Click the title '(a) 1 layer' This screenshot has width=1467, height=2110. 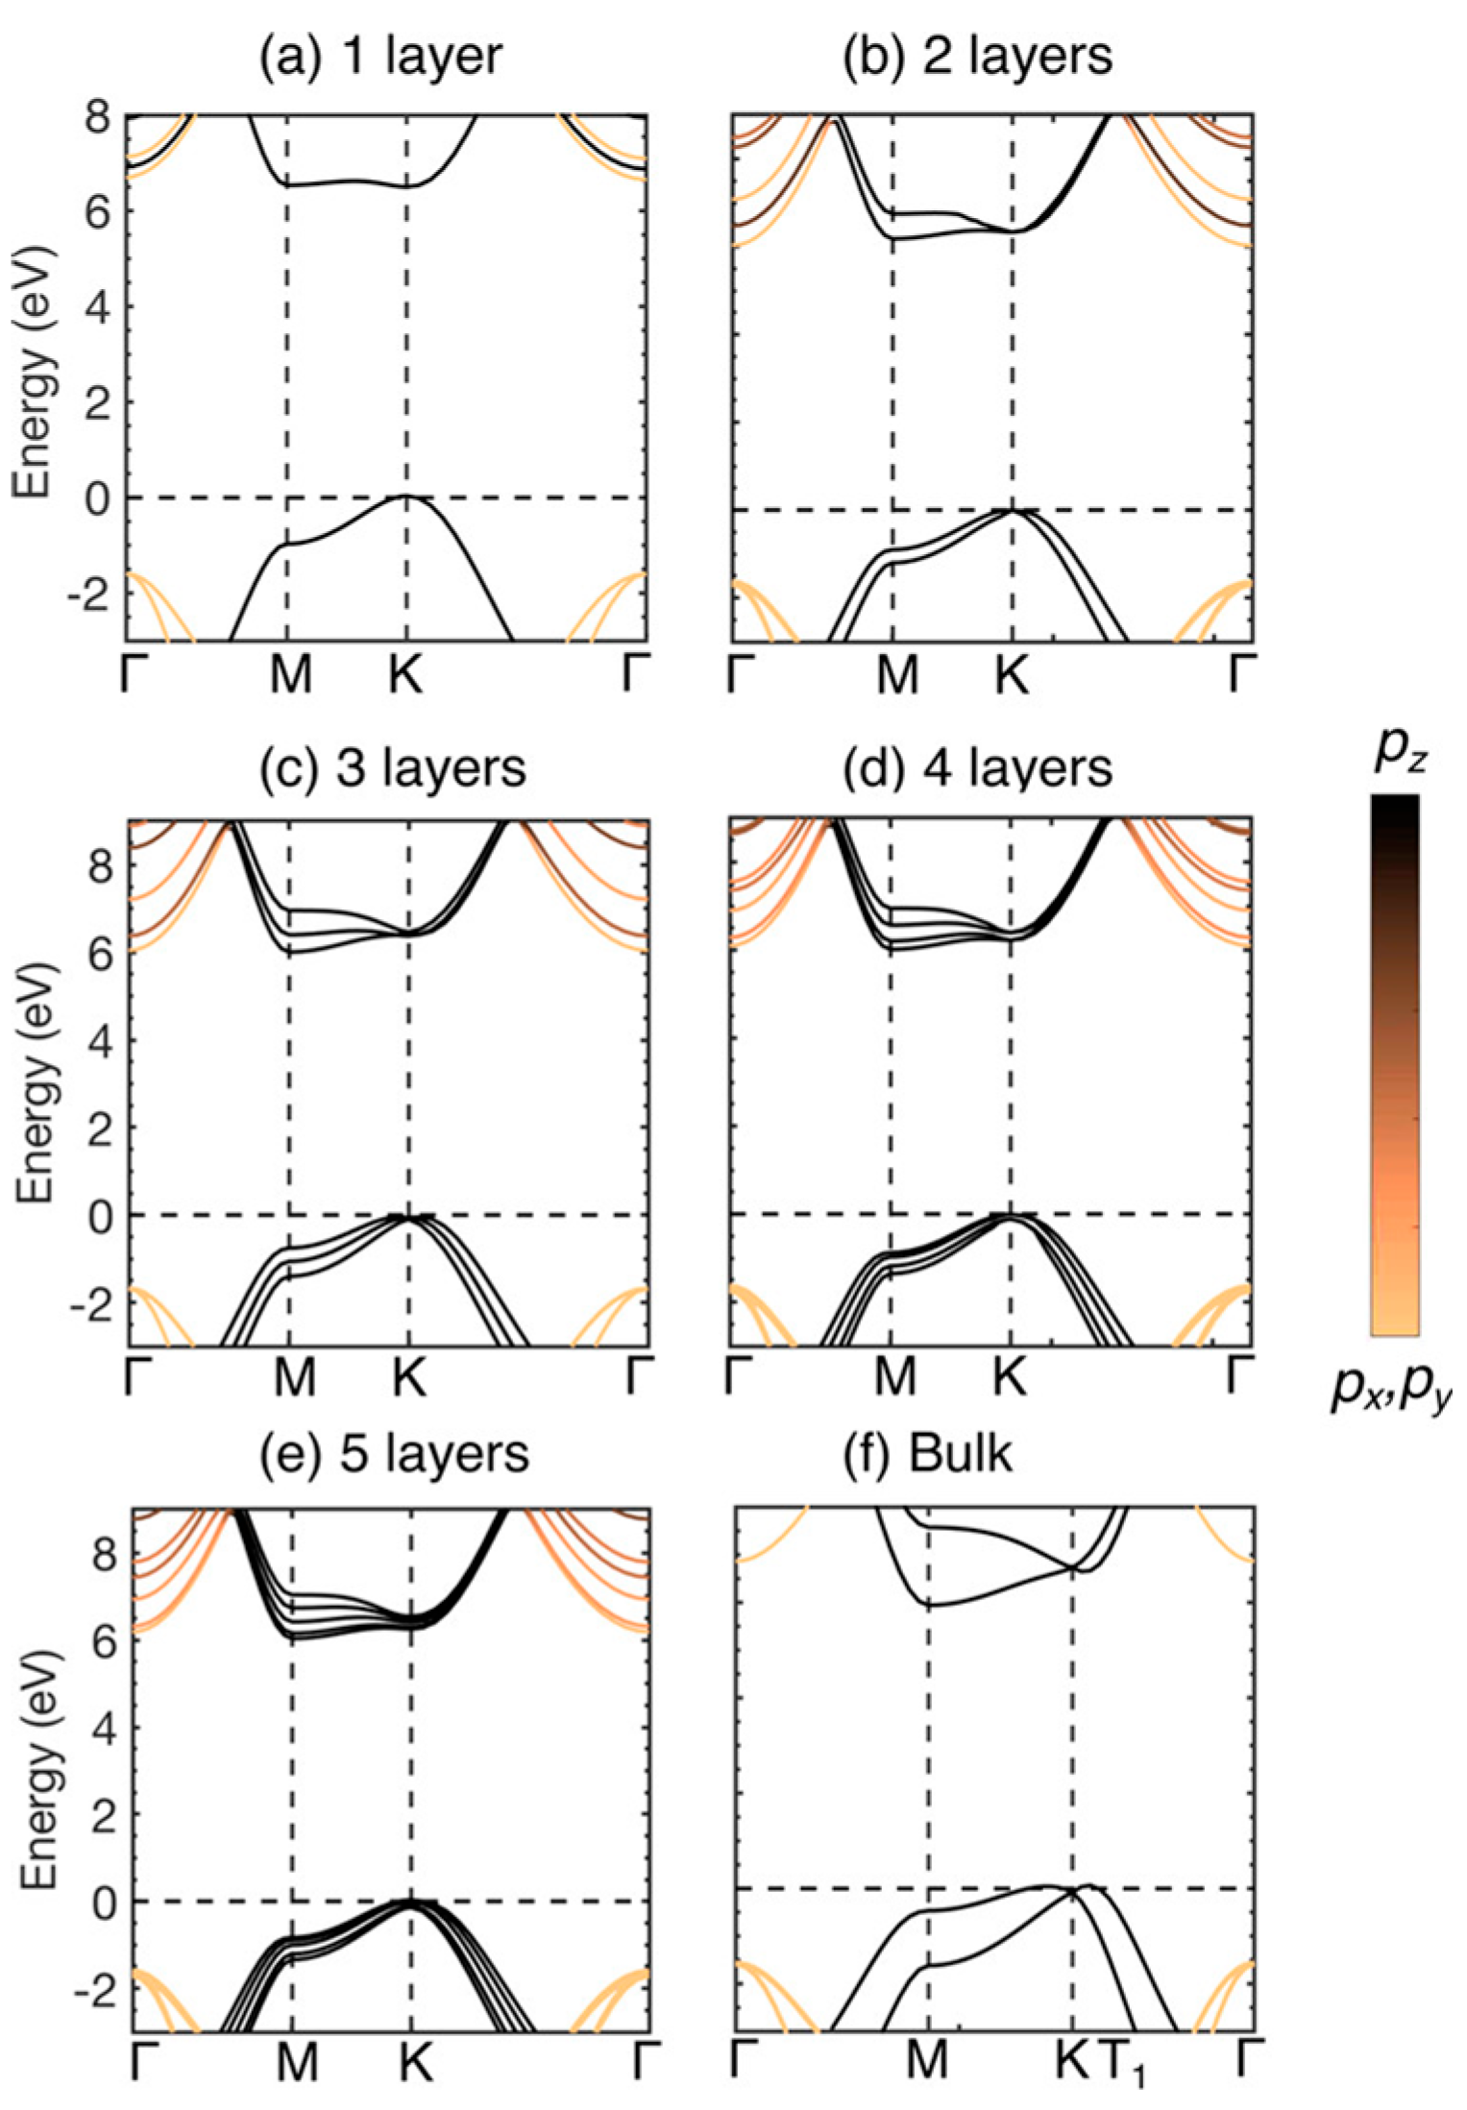click(380, 57)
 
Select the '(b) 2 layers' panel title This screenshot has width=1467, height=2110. click(977, 57)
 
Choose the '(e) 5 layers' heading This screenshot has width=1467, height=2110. click(394, 1453)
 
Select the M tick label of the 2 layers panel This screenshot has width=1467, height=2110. click(897, 675)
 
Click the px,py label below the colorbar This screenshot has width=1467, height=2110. click(1392, 1389)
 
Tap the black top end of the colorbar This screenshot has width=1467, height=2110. click(1394, 807)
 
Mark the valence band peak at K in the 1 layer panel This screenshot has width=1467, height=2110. click(405, 496)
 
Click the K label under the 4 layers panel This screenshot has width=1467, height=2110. click(1009, 1378)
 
